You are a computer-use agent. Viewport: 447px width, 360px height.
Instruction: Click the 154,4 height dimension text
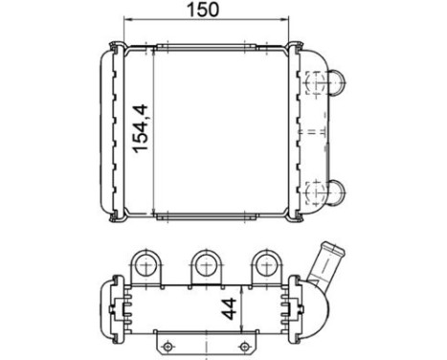[x=140, y=131]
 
